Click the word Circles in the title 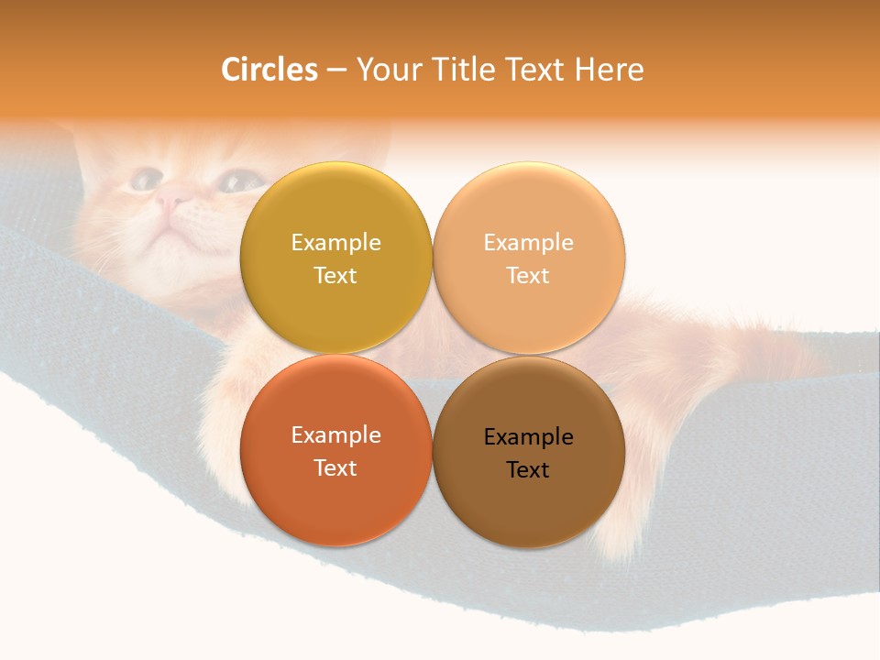[269, 70]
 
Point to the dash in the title [336, 71]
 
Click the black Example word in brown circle [528, 437]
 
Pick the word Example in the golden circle [335, 243]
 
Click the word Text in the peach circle [528, 276]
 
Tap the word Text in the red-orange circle [335, 468]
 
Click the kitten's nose [171, 195]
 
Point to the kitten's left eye [144, 179]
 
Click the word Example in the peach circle [528, 243]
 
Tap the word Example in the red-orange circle [335, 435]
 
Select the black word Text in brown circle [528, 470]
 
